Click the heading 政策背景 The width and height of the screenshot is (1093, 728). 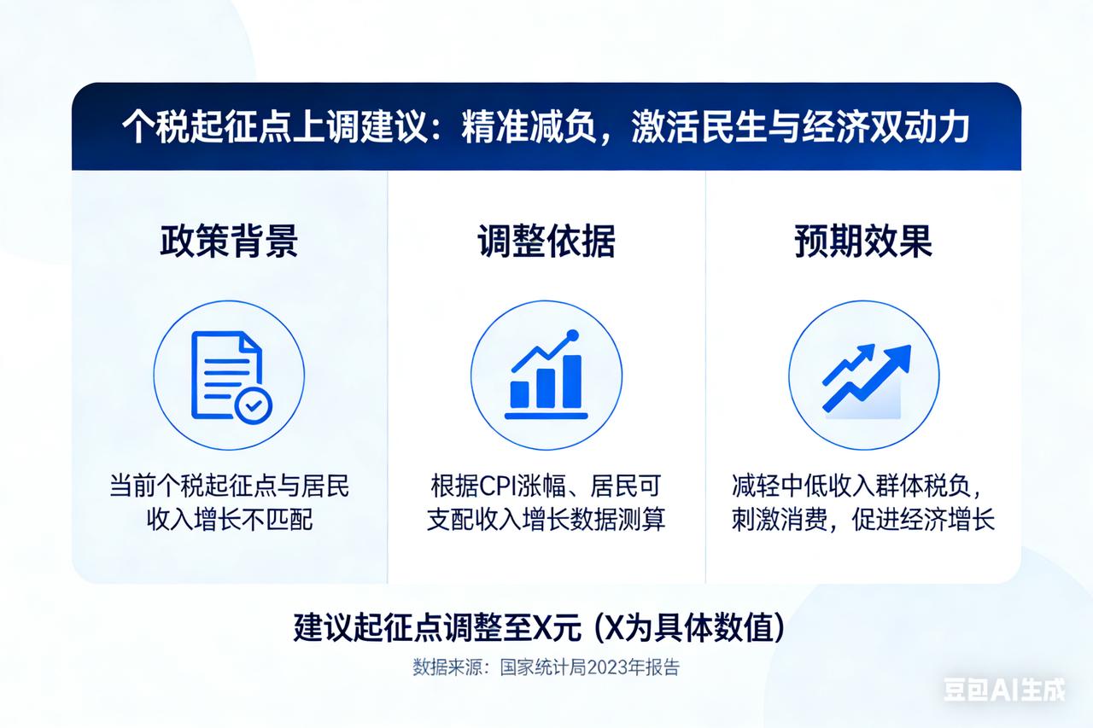229,242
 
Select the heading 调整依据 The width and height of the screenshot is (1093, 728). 546,242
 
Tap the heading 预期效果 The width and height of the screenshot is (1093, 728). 863,242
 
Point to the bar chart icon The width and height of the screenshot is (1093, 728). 546,376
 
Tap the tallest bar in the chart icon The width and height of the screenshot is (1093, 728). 570,381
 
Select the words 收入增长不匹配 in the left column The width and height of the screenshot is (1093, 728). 229,520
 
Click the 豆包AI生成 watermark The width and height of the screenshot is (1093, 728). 1005,689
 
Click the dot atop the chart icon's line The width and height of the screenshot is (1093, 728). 571,335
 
